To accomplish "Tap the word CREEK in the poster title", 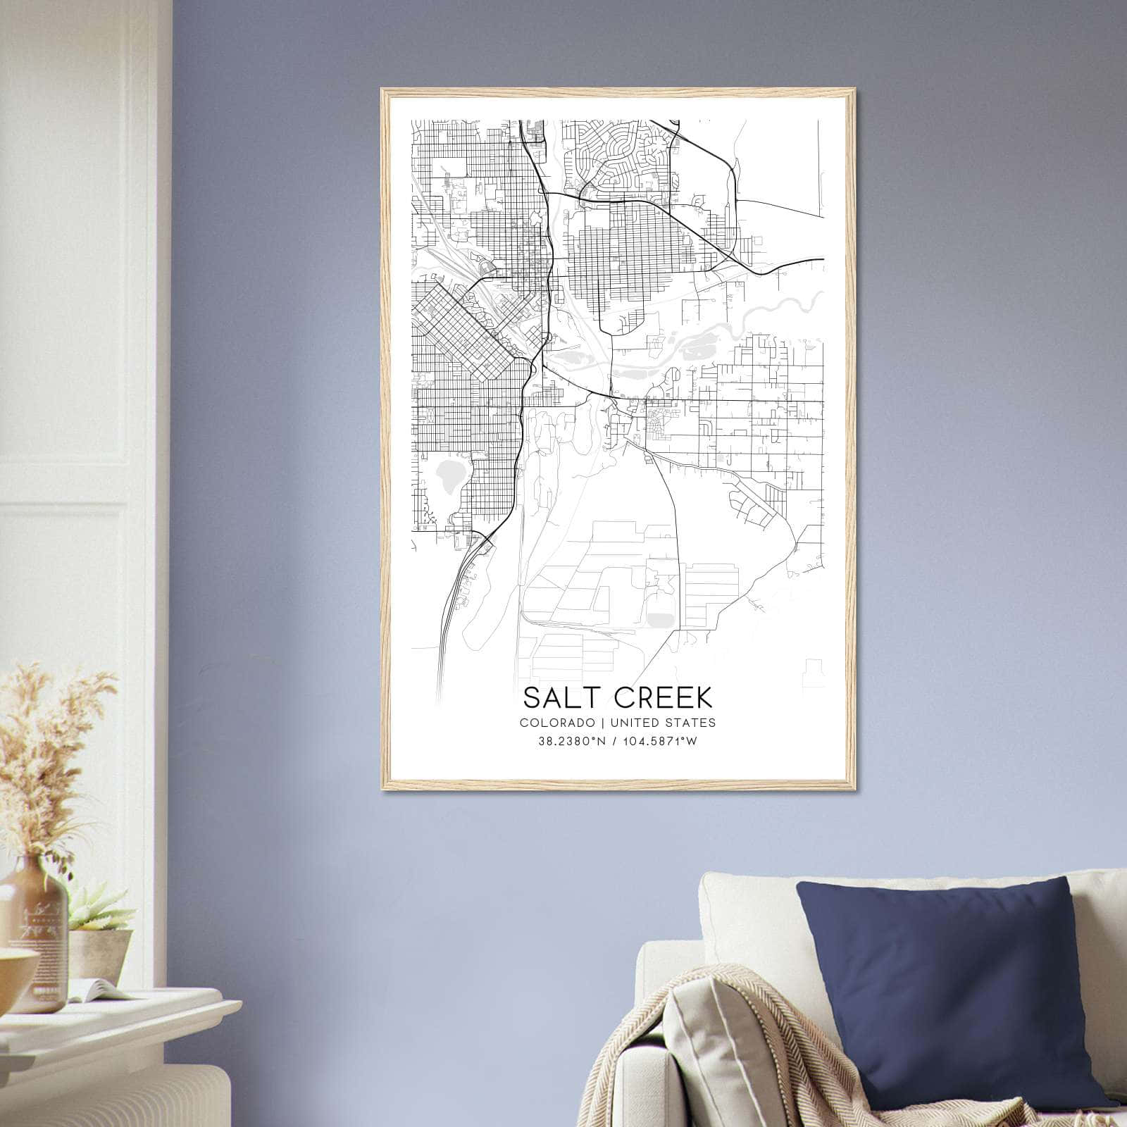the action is (x=663, y=697).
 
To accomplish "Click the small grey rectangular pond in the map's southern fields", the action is (x=661, y=618).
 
